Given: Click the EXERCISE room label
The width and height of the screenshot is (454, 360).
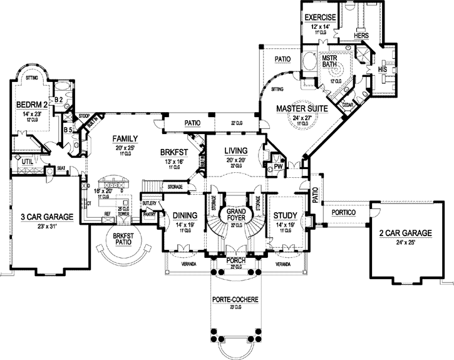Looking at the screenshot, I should tap(319, 16).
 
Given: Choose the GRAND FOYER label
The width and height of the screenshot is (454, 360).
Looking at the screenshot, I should tap(236, 215).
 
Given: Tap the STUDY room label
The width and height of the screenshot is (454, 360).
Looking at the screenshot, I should tap(285, 216).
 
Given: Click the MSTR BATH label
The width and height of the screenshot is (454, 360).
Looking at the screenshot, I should tap(329, 61).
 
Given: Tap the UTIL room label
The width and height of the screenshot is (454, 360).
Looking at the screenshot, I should tap(27, 162).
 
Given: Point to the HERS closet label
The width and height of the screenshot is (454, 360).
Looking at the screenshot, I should tap(361, 36).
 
